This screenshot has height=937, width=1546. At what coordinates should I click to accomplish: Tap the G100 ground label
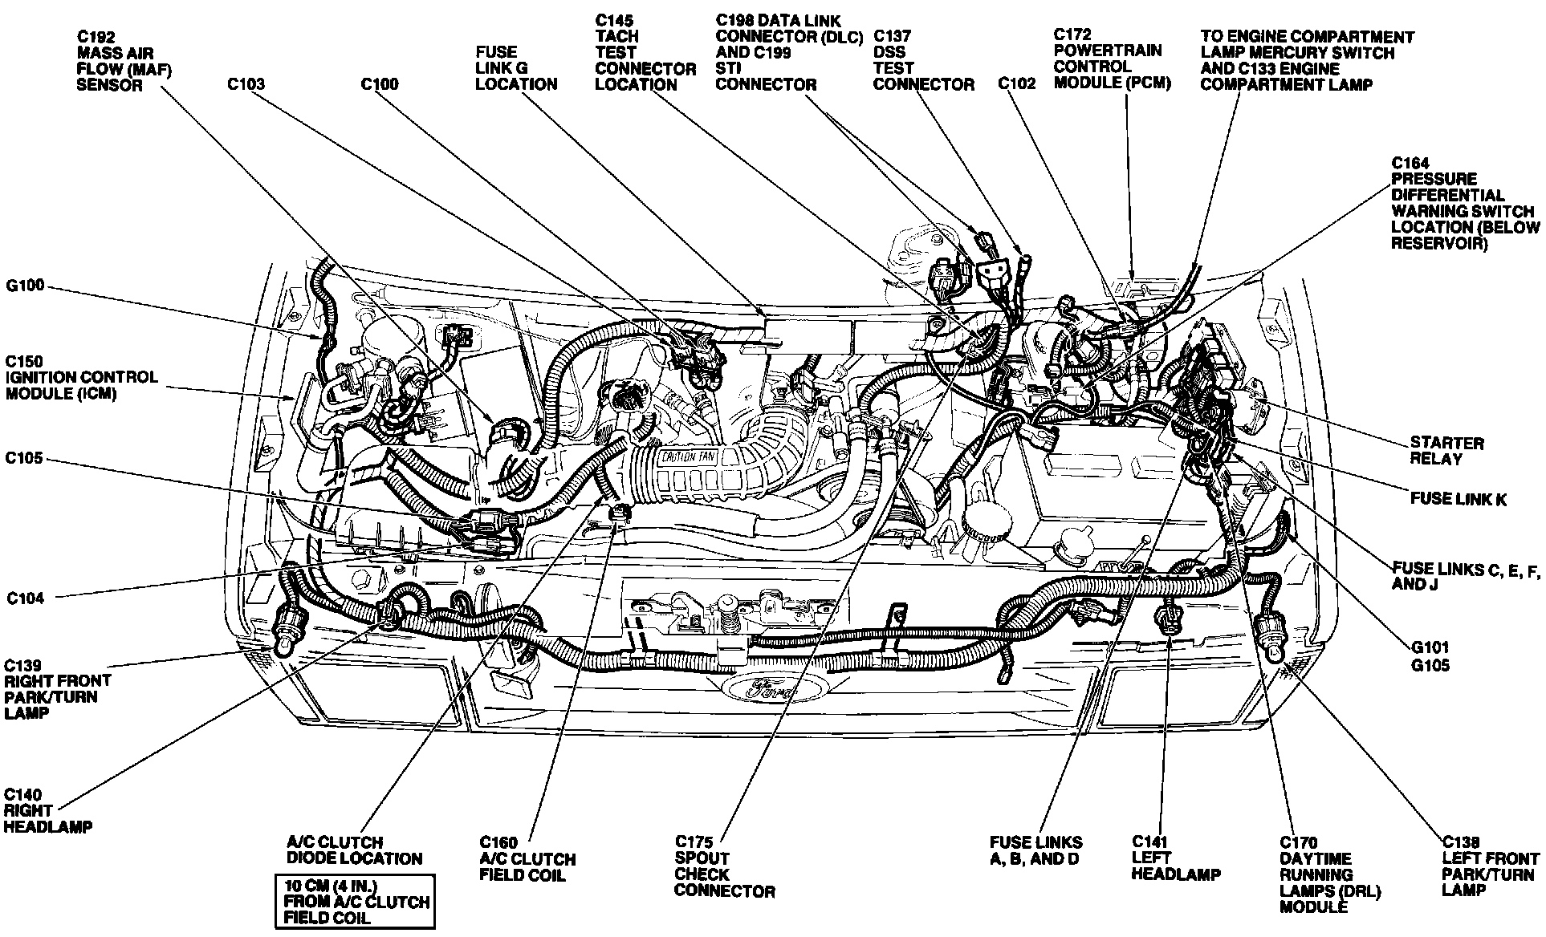[x=26, y=286]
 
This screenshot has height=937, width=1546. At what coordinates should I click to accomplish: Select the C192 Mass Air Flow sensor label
[x=124, y=61]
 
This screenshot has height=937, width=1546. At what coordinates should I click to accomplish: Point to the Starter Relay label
[x=1446, y=451]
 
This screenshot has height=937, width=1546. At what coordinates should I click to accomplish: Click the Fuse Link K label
[x=1458, y=499]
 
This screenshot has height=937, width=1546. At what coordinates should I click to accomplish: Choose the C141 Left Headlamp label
[x=1175, y=858]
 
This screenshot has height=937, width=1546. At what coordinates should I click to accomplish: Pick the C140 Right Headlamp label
[x=47, y=811]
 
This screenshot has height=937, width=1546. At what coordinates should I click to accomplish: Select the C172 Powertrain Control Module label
[x=1112, y=59]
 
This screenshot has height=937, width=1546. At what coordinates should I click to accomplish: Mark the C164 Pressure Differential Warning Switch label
[x=1461, y=203]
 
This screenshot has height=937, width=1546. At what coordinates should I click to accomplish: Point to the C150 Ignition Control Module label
[x=81, y=377]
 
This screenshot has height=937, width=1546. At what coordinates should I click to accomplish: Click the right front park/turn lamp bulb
[x=285, y=642]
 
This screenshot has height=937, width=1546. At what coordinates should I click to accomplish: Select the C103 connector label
[x=245, y=84]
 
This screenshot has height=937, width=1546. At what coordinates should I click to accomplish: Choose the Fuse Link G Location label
[x=515, y=68]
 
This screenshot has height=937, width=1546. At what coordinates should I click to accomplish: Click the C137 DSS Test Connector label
[x=923, y=60]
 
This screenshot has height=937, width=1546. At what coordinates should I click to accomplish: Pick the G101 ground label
[x=1430, y=647]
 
